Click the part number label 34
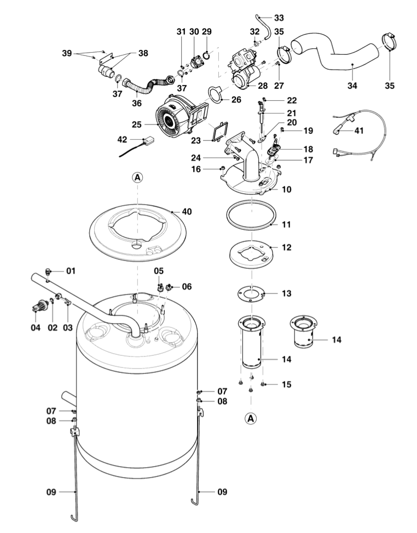[x=352, y=86]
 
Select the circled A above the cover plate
[x=137, y=177]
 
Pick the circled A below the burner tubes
[x=250, y=418]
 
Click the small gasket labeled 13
[x=251, y=293]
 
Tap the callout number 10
[x=286, y=189]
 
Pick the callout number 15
[x=286, y=384]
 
